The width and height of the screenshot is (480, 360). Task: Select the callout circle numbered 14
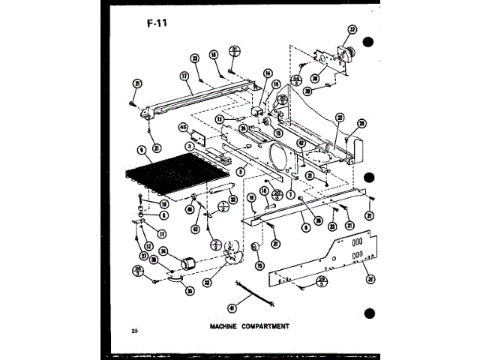(x=266, y=73)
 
